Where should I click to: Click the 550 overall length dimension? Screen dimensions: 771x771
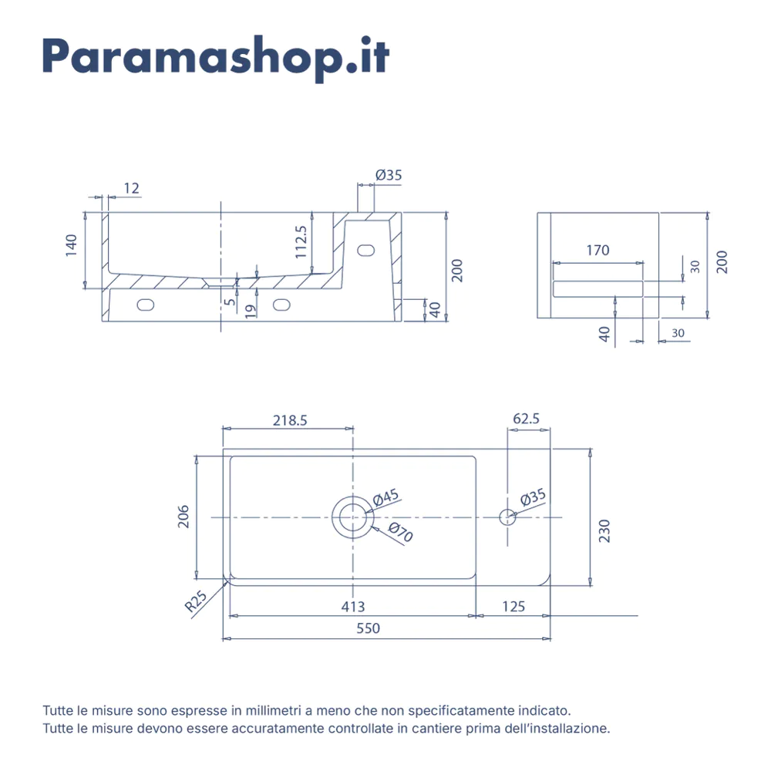point(369,628)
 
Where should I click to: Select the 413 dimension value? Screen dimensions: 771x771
point(353,607)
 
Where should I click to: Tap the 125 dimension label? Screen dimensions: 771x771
point(513,607)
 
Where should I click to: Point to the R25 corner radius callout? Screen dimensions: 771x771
point(197,601)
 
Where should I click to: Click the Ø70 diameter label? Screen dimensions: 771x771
point(401,533)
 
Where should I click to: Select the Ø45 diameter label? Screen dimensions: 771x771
point(385,498)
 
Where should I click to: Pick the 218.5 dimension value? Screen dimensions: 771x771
point(290,420)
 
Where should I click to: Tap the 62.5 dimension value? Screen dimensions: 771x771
point(527,419)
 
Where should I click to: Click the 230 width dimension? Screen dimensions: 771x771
point(604,530)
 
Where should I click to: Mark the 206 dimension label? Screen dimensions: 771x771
point(183,516)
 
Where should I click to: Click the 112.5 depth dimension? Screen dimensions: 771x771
point(301,241)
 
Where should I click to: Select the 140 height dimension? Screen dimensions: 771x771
point(72,244)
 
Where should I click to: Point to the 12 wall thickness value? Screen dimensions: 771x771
point(131,188)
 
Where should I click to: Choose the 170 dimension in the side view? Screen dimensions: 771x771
point(598,250)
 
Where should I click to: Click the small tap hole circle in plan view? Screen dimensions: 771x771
point(507,517)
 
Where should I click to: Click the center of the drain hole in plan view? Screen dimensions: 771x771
point(352,517)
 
